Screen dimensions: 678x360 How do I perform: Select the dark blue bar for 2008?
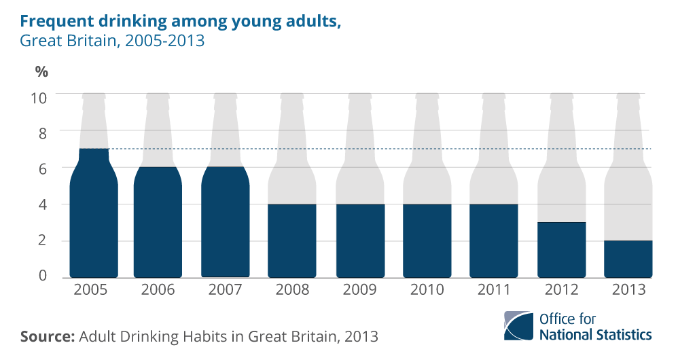(x=292, y=240)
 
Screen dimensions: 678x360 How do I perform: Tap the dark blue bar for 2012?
(x=561, y=250)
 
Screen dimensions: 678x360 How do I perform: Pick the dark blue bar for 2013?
(x=628, y=259)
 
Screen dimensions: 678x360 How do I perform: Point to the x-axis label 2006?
(x=158, y=289)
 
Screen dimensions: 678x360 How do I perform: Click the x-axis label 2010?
(x=427, y=289)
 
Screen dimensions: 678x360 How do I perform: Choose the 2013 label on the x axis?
(x=628, y=289)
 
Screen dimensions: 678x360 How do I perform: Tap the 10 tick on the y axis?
(x=39, y=98)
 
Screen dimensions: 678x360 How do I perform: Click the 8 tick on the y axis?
(x=42, y=134)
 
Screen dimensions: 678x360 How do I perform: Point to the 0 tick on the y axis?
(x=42, y=275)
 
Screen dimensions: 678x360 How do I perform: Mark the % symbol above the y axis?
(x=41, y=72)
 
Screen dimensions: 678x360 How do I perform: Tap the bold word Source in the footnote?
(x=48, y=336)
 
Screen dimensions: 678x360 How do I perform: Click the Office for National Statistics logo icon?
(x=519, y=325)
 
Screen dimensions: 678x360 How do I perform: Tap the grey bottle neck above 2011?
(x=494, y=130)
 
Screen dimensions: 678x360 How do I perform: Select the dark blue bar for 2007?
(x=226, y=222)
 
